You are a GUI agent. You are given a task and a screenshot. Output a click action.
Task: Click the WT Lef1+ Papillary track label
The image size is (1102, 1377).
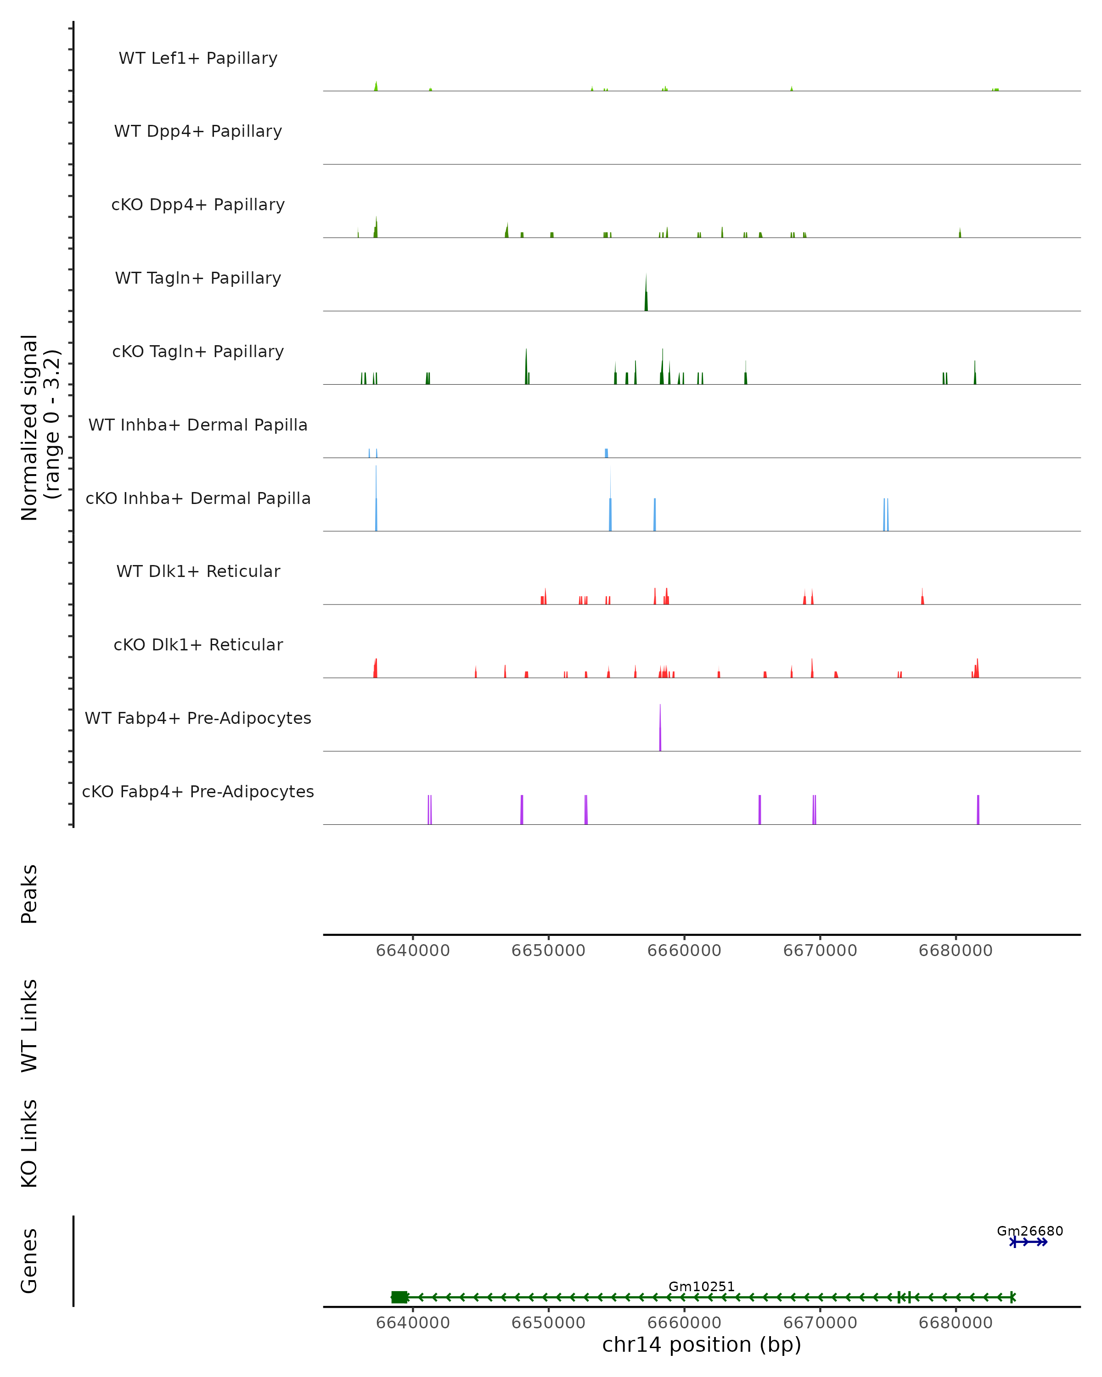[198, 58]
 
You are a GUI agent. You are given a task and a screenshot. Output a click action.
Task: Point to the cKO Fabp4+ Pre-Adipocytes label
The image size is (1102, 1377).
[198, 791]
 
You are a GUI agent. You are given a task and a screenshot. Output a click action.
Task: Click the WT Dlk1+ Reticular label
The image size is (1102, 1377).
[198, 571]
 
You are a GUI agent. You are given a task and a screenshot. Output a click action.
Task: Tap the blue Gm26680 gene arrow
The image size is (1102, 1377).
[1029, 1242]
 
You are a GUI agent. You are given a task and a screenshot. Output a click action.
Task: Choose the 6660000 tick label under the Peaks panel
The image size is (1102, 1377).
[684, 951]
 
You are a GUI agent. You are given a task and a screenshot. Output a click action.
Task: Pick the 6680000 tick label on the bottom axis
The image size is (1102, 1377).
[956, 1323]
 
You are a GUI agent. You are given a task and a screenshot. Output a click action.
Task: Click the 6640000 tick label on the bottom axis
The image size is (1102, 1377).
[413, 1323]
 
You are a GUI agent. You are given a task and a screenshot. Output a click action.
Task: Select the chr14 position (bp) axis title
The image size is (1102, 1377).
[702, 1345]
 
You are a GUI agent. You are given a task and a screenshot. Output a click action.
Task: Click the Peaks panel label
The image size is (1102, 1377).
[29, 894]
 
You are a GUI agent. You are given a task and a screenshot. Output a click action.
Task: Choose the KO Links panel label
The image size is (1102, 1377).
[29, 1144]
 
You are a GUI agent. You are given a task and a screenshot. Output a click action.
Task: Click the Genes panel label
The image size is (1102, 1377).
[29, 1261]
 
